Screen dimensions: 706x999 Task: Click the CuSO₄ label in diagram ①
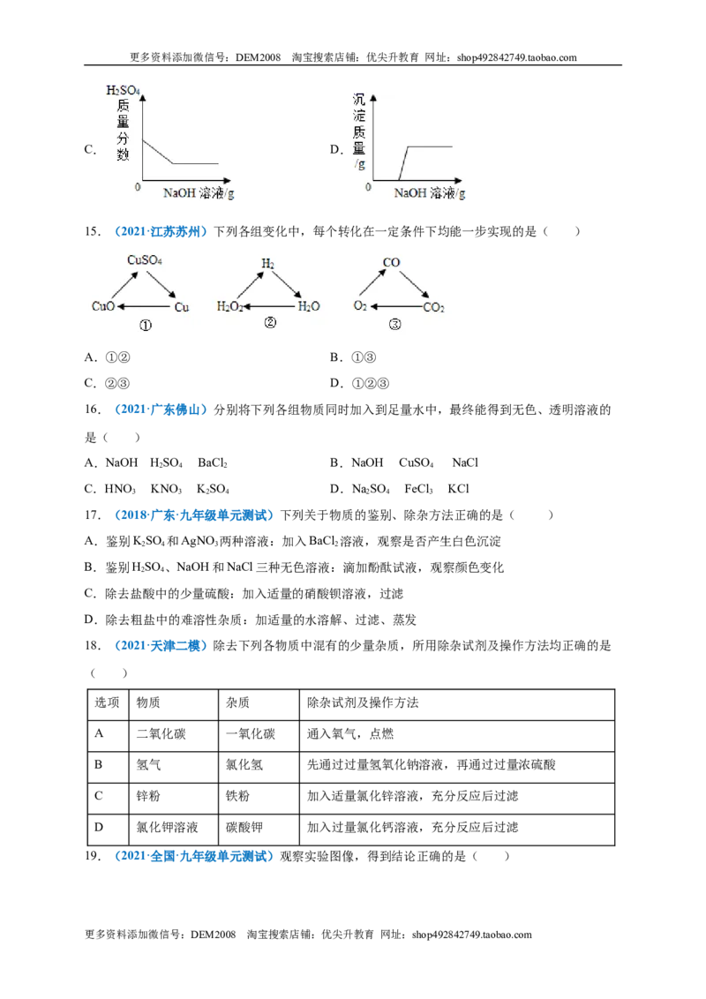(x=145, y=260)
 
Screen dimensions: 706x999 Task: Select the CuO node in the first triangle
(x=103, y=306)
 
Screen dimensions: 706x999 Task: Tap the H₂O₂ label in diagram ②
(x=230, y=307)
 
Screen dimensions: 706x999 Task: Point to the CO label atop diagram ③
(x=391, y=262)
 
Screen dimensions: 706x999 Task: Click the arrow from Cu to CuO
(x=145, y=307)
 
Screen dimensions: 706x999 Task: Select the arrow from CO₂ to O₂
(x=396, y=306)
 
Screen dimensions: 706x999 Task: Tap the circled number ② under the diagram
(x=270, y=323)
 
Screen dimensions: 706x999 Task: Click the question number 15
(x=93, y=231)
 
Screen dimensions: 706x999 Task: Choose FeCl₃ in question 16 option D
(x=418, y=489)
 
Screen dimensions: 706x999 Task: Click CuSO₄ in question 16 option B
(x=416, y=462)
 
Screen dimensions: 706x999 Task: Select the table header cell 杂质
(x=237, y=702)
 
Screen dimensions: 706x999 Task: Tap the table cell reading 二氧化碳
(x=161, y=733)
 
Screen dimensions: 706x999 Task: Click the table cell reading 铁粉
(x=237, y=796)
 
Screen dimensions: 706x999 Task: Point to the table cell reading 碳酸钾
(x=244, y=827)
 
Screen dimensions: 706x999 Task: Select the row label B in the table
(x=99, y=764)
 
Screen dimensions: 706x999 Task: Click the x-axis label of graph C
(x=199, y=193)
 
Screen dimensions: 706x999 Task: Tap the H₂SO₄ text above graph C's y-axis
(x=123, y=91)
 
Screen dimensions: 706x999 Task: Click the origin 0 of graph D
(x=368, y=187)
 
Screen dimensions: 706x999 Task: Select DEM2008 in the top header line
(x=258, y=57)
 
